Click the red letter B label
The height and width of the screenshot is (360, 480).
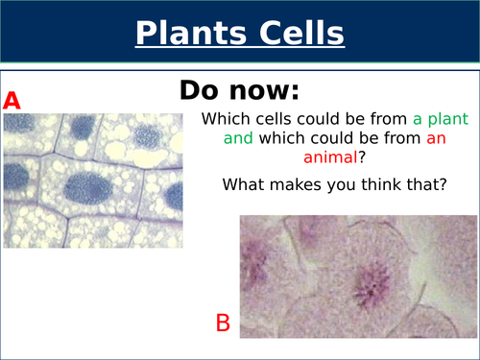[x=223, y=324]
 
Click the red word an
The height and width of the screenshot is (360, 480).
[x=436, y=141]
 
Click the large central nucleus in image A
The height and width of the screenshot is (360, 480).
[x=89, y=184]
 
